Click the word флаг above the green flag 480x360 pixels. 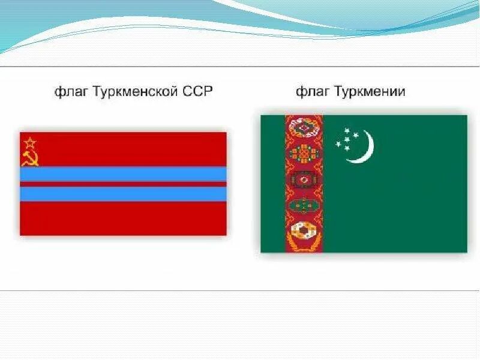tap(311, 92)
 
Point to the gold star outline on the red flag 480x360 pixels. tap(29, 143)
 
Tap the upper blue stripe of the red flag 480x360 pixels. tap(123, 174)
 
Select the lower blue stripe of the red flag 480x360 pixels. tap(123, 194)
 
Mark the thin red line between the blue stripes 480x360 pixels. tap(123, 184)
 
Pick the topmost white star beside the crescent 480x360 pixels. tap(347, 130)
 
